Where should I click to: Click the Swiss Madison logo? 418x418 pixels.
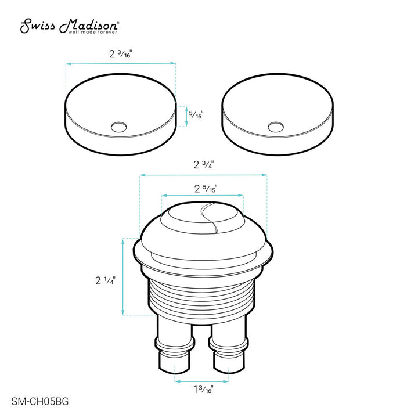(x=69, y=26)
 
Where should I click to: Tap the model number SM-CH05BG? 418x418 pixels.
(x=40, y=401)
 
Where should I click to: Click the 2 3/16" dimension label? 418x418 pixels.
(x=121, y=54)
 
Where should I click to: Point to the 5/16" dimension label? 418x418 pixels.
(x=196, y=114)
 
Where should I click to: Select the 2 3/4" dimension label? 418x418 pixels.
(x=204, y=165)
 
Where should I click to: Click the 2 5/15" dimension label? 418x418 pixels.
(x=206, y=189)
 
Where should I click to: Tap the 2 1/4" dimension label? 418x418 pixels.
(x=106, y=280)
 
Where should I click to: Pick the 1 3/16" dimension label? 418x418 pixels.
(x=204, y=390)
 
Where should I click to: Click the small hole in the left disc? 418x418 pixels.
(x=119, y=127)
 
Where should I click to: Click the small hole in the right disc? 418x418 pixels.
(x=276, y=127)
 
